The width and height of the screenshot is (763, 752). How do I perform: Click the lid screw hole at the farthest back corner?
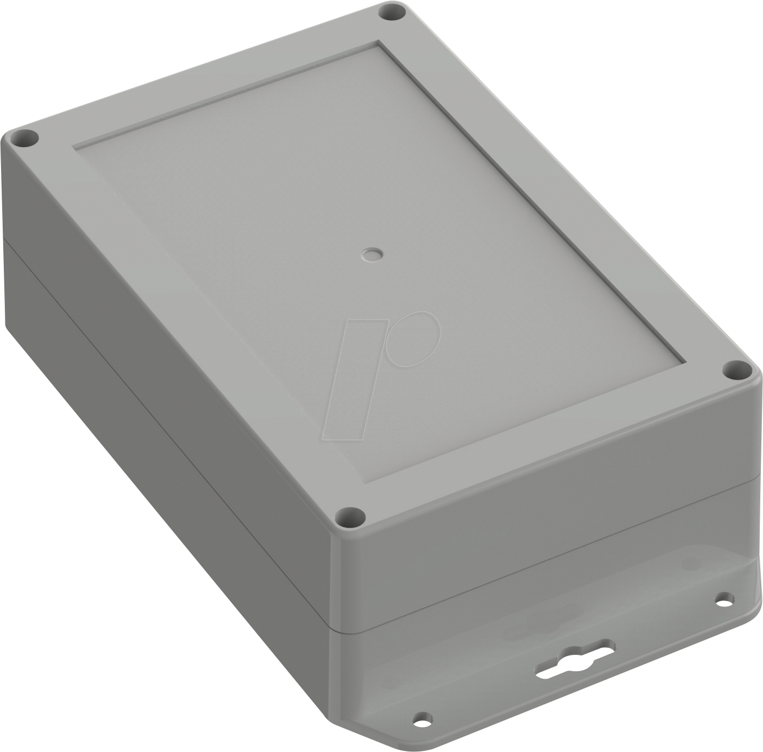[392, 12]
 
